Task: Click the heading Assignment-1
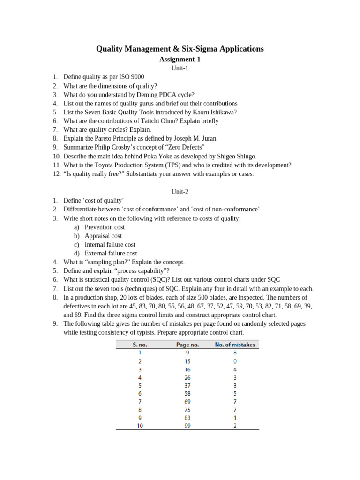point(180,60)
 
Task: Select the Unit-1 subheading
point(180,68)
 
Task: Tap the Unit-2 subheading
point(180,192)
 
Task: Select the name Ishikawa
point(219,112)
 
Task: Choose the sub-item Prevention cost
point(105,227)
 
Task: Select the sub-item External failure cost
point(111,253)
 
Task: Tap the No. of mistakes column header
point(235,345)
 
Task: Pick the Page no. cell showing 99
point(187,425)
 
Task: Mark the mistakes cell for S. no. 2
point(235,361)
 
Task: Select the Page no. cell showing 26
point(187,377)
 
